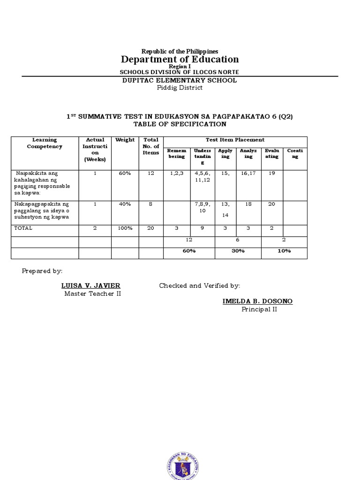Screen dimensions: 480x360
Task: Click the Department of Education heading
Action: tap(180, 59)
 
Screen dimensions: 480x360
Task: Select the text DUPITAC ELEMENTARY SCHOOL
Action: tap(180, 80)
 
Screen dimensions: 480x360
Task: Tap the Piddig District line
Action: tap(180, 88)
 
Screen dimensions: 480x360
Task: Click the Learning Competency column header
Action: tap(45, 143)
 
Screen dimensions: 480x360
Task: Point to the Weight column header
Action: tap(125, 140)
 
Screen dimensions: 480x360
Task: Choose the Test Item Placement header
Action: tap(235, 140)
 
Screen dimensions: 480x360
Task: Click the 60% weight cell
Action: tap(125, 173)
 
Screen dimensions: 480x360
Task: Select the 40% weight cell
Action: tap(125, 204)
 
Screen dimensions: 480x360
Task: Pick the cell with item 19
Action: tap(272, 173)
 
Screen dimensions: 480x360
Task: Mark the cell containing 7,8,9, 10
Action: tap(202, 207)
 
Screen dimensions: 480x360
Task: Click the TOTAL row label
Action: tap(23, 228)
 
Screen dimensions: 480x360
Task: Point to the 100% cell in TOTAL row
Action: tap(125, 228)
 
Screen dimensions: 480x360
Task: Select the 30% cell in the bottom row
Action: tap(238, 251)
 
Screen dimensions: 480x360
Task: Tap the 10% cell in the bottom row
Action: tap(284, 251)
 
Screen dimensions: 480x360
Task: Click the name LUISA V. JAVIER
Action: tap(91, 286)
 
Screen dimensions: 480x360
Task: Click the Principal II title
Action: tap(259, 309)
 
